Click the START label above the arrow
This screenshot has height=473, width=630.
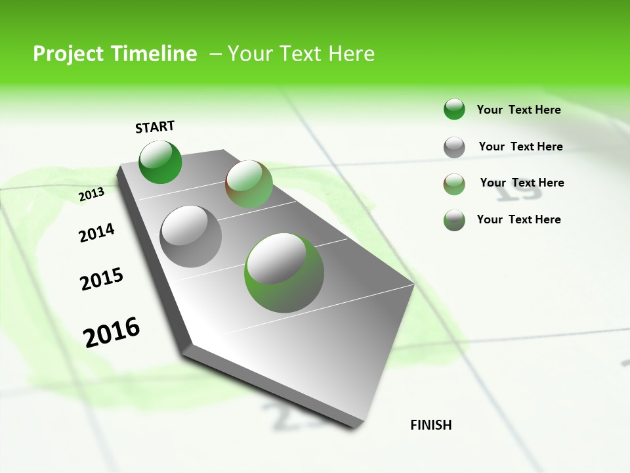click(x=155, y=127)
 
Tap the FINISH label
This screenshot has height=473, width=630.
click(x=430, y=425)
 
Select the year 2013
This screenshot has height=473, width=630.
click(x=91, y=194)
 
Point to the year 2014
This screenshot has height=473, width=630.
click(x=96, y=233)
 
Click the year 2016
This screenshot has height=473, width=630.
click(x=112, y=332)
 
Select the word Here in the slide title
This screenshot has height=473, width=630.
click(x=351, y=54)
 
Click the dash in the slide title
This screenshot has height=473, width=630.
click(x=215, y=54)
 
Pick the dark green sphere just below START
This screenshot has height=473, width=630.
click(x=160, y=162)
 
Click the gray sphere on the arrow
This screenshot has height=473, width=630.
click(x=191, y=236)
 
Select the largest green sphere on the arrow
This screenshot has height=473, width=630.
click(x=284, y=273)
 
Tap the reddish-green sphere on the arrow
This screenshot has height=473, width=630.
click(x=249, y=184)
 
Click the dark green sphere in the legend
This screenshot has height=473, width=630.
click(x=454, y=109)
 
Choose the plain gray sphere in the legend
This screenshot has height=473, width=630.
click(x=454, y=147)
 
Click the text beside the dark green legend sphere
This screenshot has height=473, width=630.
click(x=518, y=110)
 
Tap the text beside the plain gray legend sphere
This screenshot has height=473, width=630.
click(x=520, y=146)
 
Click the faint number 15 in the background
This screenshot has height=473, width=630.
click(x=520, y=191)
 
